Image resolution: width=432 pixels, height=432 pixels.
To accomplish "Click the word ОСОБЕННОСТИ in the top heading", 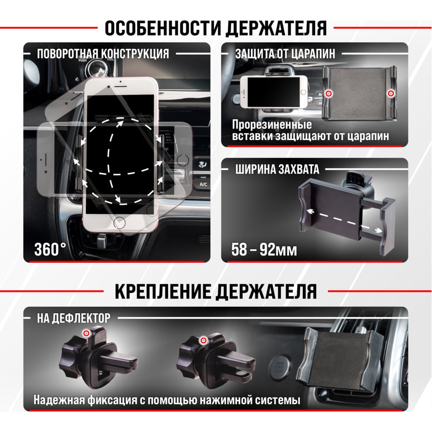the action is click(163, 28).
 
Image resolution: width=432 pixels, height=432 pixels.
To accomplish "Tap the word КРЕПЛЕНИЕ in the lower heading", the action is click(164, 292).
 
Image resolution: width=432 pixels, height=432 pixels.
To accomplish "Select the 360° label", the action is click(50, 249).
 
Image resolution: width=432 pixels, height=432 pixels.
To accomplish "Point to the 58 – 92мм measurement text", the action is click(264, 250).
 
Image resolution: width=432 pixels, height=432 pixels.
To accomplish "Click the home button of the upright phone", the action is click(119, 222).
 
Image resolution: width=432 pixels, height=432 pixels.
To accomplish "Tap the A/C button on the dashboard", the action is click(203, 184).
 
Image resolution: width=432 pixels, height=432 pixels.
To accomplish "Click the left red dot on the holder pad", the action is click(328, 94).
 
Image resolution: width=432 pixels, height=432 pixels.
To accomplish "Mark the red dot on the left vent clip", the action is click(86, 334).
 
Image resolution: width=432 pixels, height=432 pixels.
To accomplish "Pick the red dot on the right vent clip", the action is click(203, 340).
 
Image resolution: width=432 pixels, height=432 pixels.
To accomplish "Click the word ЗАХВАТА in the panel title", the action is click(298, 169).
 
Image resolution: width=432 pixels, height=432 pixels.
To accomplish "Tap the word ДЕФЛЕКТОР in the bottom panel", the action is click(81, 318).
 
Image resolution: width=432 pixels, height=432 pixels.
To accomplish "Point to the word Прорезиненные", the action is click(272, 124).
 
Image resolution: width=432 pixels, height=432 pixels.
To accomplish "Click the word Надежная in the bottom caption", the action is click(59, 400).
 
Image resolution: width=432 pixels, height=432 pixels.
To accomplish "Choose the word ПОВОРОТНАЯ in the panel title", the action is click(67, 54).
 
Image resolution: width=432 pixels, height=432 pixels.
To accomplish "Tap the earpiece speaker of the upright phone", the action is click(121, 87).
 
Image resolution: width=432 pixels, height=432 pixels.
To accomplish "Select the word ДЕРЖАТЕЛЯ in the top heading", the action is click(276, 28).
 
